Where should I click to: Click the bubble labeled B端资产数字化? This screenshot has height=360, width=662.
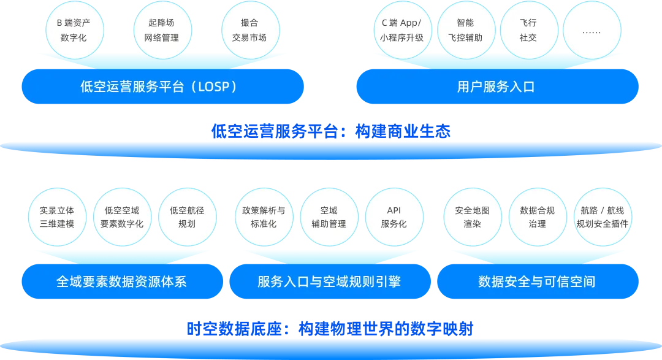(x=72, y=30)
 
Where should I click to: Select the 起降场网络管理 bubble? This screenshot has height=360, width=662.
(x=161, y=30)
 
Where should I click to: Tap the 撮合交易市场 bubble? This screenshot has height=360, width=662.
(x=249, y=30)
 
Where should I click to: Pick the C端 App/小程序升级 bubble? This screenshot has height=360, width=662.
(x=401, y=30)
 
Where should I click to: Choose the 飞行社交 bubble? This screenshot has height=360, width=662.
(x=528, y=30)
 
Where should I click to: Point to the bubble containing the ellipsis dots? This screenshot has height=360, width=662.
(x=591, y=30)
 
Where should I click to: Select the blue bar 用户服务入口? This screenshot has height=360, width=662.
(x=496, y=86)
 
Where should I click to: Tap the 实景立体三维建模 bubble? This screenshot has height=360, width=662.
(x=57, y=217)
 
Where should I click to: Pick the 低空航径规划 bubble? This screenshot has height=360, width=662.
(x=187, y=217)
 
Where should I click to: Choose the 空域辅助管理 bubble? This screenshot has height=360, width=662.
(x=329, y=217)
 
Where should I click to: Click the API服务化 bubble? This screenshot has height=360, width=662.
(x=394, y=217)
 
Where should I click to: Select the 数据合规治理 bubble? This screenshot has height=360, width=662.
(x=537, y=217)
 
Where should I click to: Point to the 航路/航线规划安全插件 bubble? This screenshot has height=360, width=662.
(x=602, y=217)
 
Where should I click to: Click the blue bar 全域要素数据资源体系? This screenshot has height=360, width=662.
(x=121, y=281)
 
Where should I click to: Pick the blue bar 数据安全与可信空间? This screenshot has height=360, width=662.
(x=537, y=281)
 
